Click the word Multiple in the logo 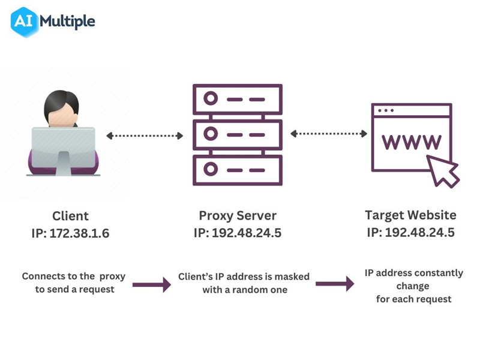coord(67,22)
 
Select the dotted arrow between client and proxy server coord(145,136)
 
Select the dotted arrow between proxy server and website coord(328,133)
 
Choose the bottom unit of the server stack coord(237,170)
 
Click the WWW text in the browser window coord(412,141)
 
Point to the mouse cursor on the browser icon coord(444,171)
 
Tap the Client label coord(70,216)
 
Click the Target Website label coord(410,215)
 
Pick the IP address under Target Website coord(410,232)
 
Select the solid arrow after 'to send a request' coord(151,284)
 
